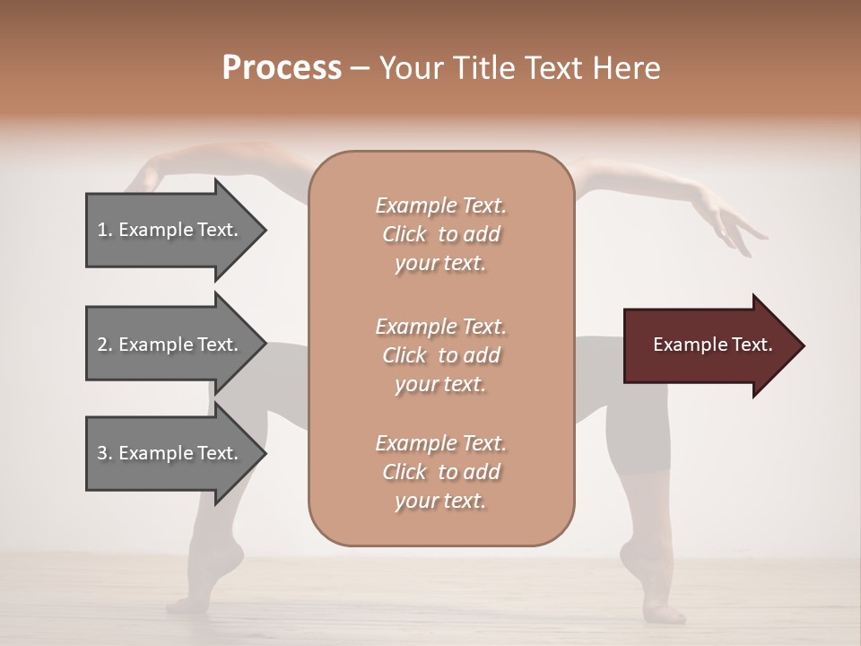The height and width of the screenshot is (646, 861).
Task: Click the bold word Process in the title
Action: (x=282, y=68)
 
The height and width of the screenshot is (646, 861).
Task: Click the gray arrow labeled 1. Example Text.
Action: (x=170, y=230)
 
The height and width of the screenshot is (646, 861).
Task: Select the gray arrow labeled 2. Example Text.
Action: (x=170, y=345)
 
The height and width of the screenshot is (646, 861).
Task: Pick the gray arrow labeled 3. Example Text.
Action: (x=170, y=453)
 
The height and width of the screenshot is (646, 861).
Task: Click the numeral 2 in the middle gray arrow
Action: (x=102, y=345)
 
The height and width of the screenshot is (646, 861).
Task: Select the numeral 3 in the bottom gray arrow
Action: (x=102, y=453)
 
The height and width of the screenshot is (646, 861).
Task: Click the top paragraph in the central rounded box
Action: (x=441, y=234)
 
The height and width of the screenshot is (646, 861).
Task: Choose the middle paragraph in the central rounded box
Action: (x=441, y=354)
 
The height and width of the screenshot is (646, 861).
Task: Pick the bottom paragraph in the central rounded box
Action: (x=441, y=472)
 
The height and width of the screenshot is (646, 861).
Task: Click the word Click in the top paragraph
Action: (x=404, y=234)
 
